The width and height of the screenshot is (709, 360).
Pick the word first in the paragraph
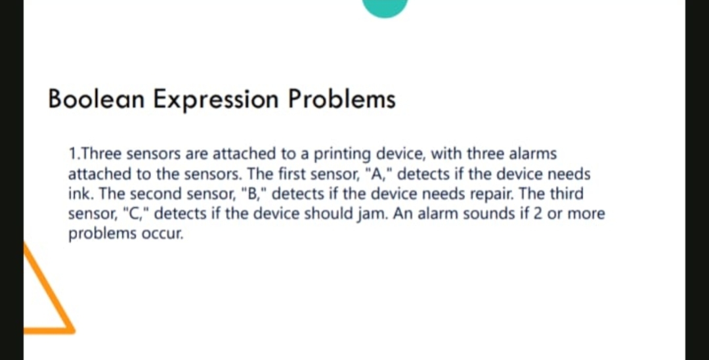point(288,174)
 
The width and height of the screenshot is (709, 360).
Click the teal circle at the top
point(385,7)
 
